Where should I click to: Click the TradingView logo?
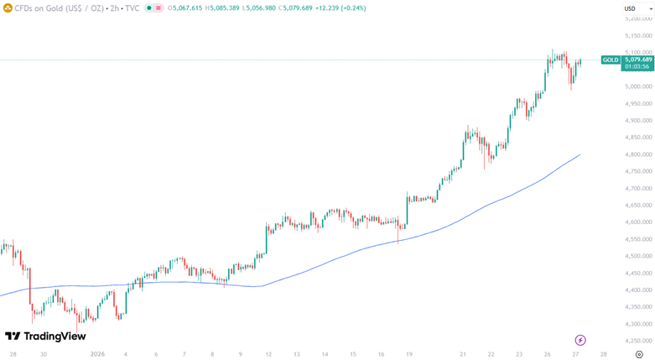[45, 336]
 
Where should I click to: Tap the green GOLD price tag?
[611, 60]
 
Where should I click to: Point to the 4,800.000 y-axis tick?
[638, 154]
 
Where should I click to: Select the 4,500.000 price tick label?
[638, 256]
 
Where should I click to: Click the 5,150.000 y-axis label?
[638, 36]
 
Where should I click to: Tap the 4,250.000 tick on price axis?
[638, 341]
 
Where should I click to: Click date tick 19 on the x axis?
[409, 354]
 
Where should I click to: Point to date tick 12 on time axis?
[268, 354]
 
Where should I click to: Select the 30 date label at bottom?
[43, 354]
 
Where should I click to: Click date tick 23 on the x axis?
[520, 354]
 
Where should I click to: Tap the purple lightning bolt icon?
[580, 340]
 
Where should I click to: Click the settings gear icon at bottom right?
[640, 354]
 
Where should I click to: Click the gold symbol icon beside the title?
[8, 8]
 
